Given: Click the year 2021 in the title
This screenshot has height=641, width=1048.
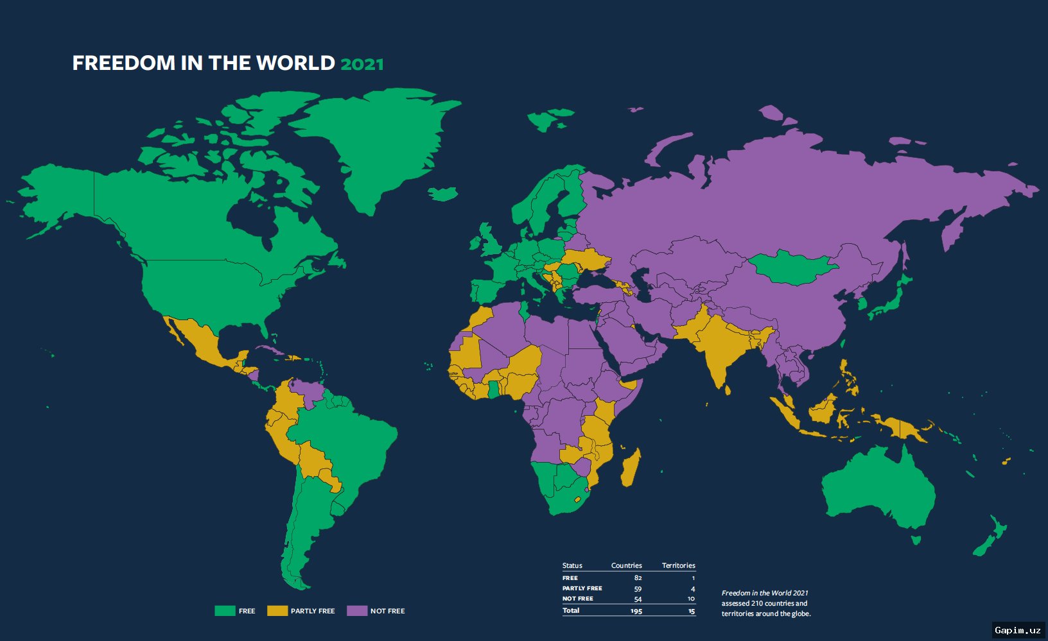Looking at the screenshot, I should pyautogui.click(x=362, y=64).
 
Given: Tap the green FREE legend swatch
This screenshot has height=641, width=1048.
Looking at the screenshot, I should pyautogui.click(x=225, y=611).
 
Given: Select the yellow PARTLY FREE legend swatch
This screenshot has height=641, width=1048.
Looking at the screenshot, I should pyautogui.click(x=277, y=611).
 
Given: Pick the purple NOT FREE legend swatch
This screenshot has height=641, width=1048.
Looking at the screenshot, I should pyautogui.click(x=357, y=611).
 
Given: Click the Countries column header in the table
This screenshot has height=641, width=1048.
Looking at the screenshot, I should pyautogui.click(x=626, y=565).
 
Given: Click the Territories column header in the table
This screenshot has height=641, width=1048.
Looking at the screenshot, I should pyautogui.click(x=678, y=565).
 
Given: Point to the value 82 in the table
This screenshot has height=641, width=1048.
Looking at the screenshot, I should pyautogui.click(x=638, y=578).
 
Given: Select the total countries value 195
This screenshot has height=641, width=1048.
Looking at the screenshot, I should pyautogui.click(x=636, y=611).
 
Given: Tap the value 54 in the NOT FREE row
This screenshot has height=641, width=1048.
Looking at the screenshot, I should pyautogui.click(x=638, y=599).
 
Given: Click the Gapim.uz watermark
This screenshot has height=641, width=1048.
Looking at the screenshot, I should pyautogui.click(x=1018, y=630).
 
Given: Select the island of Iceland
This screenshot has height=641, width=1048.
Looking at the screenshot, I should pyautogui.click(x=443, y=193).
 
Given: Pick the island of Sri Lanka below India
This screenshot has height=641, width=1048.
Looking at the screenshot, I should pyautogui.click(x=727, y=389).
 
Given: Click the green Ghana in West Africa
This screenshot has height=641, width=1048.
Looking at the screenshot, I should pyautogui.click(x=493, y=389).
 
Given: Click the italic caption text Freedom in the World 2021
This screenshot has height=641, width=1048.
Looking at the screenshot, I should pyautogui.click(x=764, y=593).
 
